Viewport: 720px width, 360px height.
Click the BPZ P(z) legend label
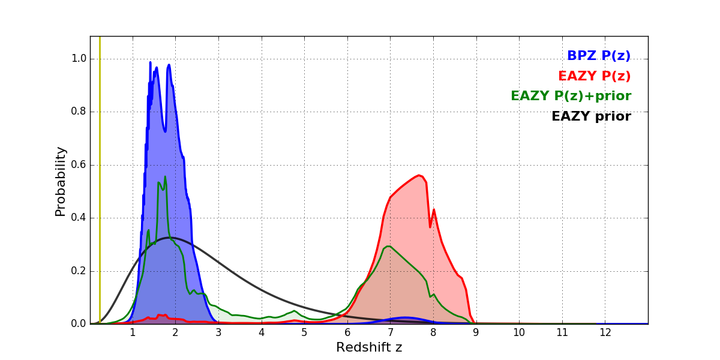click(598, 56)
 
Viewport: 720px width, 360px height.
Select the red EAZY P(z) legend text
click(594, 77)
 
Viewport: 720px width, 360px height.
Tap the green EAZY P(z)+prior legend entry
click(571, 97)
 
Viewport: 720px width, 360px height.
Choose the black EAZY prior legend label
click(591, 117)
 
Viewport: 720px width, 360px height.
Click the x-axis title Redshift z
click(369, 348)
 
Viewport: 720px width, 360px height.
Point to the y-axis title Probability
click(61, 181)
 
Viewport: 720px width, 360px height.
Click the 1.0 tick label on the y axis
click(79, 59)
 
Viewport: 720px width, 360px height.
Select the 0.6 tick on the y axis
click(79, 165)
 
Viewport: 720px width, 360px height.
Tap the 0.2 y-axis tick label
click(79, 271)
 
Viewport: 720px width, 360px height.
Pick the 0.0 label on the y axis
click(79, 324)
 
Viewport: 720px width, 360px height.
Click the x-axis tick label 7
click(390, 333)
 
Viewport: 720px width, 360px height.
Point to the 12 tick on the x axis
click(605, 333)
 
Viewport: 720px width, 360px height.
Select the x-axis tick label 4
click(261, 333)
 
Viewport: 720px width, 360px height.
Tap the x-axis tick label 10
click(519, 333)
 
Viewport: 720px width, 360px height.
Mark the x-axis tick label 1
click(133, 333)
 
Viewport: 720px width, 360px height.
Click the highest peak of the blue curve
click(151, 62)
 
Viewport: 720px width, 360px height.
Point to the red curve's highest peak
click(419, 175)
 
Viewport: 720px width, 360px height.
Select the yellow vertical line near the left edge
click(100, 180)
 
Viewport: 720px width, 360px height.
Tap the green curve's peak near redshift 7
click(389, 246)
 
